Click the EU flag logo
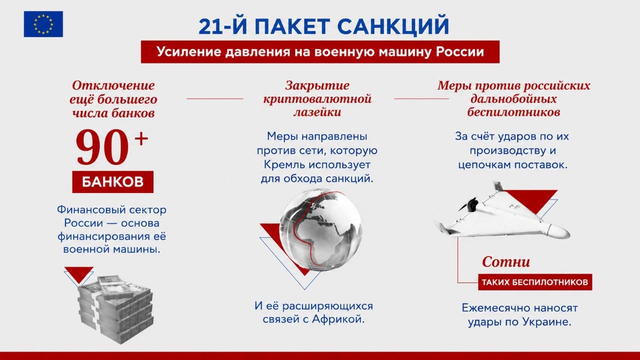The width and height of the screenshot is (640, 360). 43,24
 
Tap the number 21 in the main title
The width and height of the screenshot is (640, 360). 210,26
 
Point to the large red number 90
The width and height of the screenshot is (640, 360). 102,147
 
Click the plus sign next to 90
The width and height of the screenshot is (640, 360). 141,139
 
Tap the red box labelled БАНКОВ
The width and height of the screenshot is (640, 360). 113,181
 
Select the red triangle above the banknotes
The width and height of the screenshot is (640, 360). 79,273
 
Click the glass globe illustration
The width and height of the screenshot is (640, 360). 320,228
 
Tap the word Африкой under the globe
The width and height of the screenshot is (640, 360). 338,319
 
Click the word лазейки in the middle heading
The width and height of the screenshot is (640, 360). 317,112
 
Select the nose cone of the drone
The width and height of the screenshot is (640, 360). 559,231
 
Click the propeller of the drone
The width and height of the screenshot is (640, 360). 468,204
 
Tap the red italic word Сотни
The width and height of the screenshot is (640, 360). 506,262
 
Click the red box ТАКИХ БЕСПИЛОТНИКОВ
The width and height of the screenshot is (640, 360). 535,282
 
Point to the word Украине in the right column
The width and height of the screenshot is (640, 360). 547,322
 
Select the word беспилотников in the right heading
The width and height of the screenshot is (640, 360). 513,112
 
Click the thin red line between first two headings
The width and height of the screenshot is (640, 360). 215,98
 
